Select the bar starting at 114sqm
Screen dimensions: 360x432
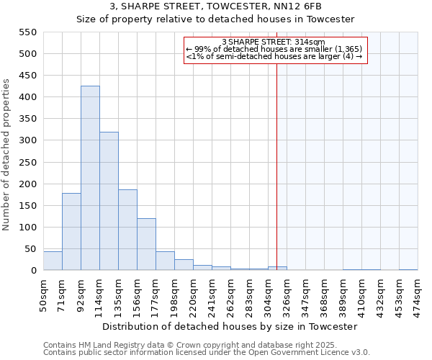tap(109, 201)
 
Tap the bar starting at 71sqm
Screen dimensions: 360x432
tap(71, 231)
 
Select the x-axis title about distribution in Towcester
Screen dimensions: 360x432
tap(230, 326)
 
